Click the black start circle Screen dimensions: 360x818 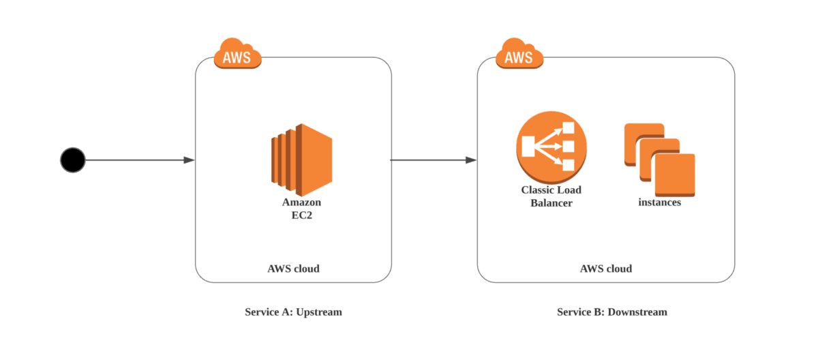72,160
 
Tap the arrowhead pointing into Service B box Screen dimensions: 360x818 470,160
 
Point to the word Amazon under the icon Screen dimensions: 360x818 301,202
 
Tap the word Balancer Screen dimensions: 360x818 551,202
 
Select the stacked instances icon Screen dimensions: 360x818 659,160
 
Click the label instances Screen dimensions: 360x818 659,202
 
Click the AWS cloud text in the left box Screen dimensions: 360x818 293,269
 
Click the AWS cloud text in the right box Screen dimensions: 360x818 605,269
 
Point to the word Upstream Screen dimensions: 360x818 319,312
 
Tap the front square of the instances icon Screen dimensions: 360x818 675,175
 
